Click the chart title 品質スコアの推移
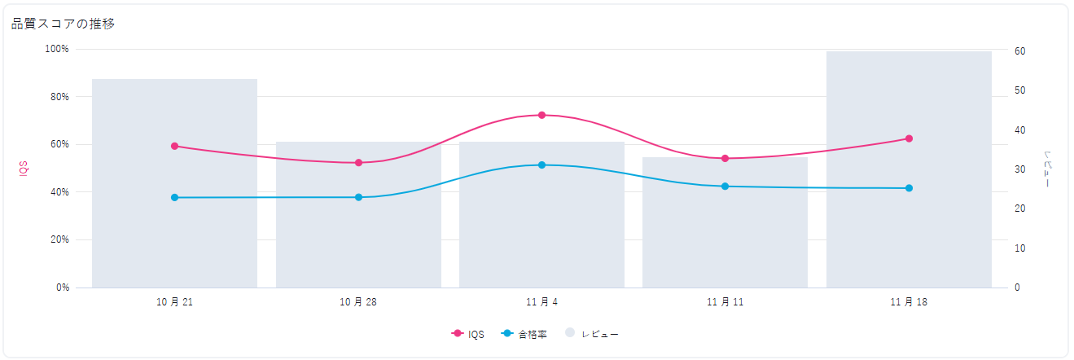(63, 24)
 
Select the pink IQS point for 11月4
(541, 115)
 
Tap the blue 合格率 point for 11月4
(541, 165)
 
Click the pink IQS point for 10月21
(174, 146)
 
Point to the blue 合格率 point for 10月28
(358, 197)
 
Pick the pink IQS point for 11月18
(909, 138)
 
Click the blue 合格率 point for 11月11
(725, 187)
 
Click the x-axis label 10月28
(358, 302)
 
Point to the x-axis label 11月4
(541, 302)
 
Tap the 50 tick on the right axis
(1019, 90)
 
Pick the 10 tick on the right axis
(1019, 248)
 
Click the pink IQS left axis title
(24, 168)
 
